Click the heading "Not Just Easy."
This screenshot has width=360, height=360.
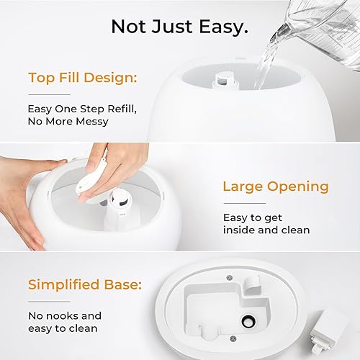click(179, 27)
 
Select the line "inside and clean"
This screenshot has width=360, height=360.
click(266, 230)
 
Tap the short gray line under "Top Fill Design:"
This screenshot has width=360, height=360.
click(49, 94)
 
